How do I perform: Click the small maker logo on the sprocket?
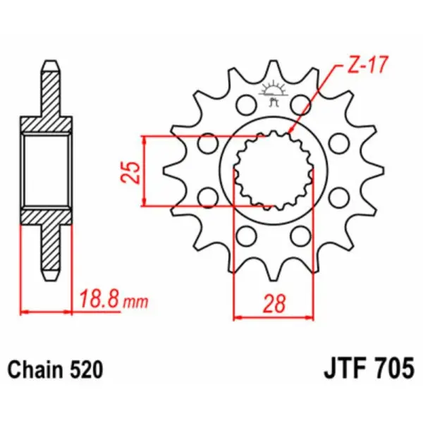click(272, 92)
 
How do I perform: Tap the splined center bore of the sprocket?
click(273, 170)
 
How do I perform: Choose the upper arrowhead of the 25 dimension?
click(145, 138)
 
